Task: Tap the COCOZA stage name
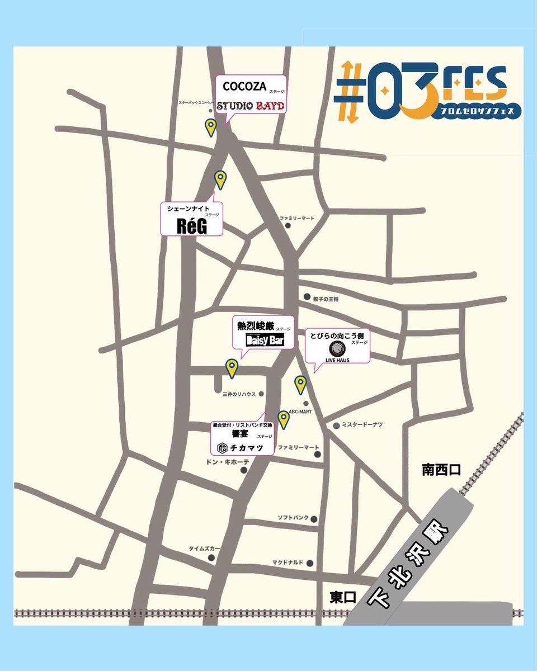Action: tap(243, 87)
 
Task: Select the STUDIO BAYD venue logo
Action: tap(251, 105)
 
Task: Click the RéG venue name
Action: tap(192, 225)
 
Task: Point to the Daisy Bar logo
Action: tap(265, 341)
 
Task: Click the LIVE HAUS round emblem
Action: tap(337, 349)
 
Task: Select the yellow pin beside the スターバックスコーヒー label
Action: tap(210, 127)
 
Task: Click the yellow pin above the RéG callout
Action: tap(221, 179)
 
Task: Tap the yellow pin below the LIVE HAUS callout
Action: tap(300, 384)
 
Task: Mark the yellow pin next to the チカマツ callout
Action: tap(284, 418)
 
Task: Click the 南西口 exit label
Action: tap(441, 470)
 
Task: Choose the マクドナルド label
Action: tap(288, 562)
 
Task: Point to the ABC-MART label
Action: tap(300, 411)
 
